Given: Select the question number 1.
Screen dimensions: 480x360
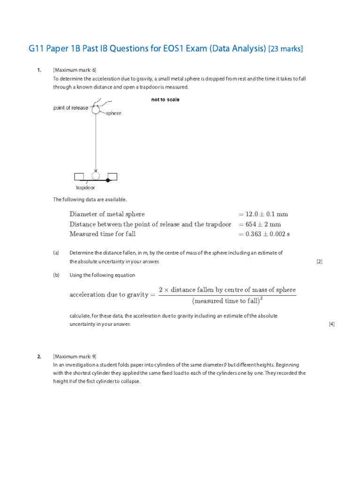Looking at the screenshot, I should point(39,70).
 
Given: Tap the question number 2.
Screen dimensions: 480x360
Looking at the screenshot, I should point(39,356).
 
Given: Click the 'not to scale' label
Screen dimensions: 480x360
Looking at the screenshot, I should point(165,100).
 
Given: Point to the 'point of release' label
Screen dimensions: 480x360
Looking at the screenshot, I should point(70,108).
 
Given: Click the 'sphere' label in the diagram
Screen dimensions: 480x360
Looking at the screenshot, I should point(113,113).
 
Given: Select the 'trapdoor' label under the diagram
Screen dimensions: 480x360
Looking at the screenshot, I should point(85,187).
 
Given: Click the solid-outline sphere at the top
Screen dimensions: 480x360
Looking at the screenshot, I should point(96,110).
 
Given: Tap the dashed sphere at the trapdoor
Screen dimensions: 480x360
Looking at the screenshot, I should point(96,176).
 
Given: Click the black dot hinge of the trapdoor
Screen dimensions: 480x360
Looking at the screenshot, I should point(108,180).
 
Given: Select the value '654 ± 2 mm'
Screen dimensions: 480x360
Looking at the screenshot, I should point(260,224).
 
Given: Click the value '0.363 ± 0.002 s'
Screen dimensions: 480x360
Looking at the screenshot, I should point(264,234).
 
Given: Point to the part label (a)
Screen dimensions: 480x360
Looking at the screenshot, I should point(56,253).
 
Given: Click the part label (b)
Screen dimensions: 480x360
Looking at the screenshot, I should point(56,275).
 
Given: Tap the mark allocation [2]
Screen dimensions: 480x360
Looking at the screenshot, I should point(319,262).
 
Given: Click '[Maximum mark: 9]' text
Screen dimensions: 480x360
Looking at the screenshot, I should point(75,356).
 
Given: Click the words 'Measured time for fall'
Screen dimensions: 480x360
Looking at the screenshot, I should point(103,234).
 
